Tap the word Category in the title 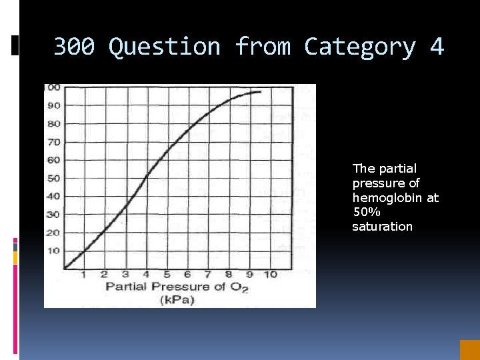(359, 47)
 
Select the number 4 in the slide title (437, 47)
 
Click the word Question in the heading (164, 47)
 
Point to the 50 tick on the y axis (52, 178)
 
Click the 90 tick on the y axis (52, 105)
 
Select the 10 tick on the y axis (52, 251)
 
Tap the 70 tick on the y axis (52, 142)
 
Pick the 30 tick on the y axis (52, 215)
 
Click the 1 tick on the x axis (83, 275)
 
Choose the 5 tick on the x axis (167, 275)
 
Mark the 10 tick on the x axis (270, 275)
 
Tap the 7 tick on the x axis (208, 275)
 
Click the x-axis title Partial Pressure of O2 (177, 287)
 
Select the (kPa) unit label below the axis (177, 300)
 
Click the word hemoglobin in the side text (395, 197)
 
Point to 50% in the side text (366, 212)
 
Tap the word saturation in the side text (382, 227)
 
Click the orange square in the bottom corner (469, 350)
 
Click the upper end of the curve (259, 92)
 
